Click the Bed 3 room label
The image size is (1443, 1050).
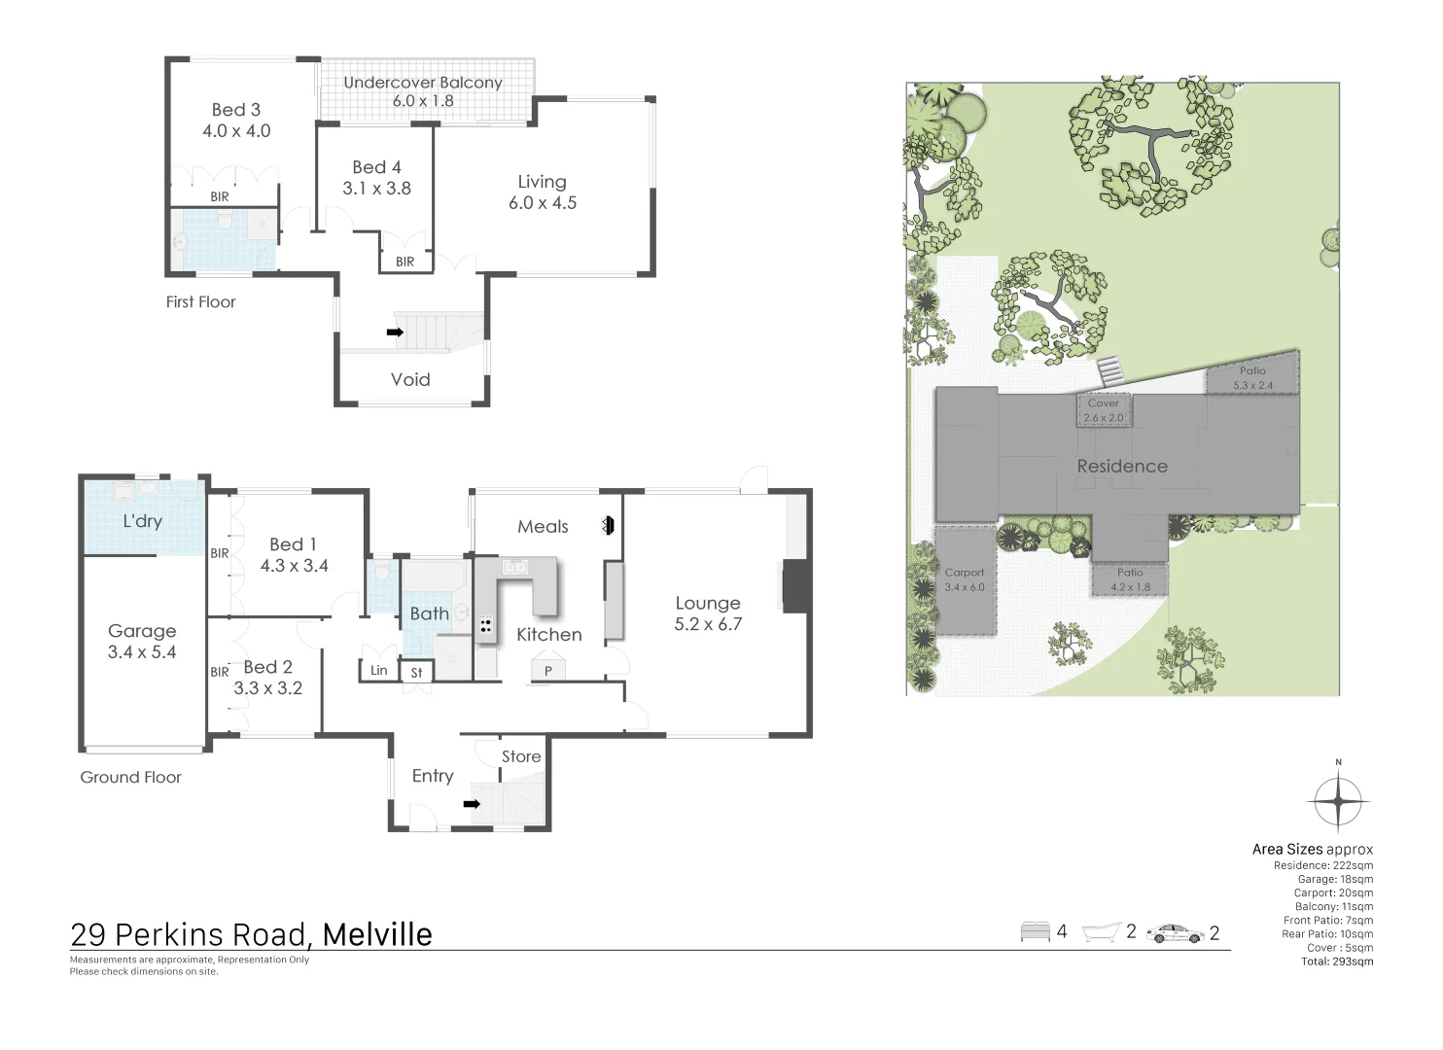click(x=236, y=121)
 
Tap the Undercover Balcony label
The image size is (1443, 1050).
click(x=423, y=91)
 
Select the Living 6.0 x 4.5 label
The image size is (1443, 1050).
click(x=543, y=192)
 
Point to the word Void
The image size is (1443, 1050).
click(x=410, y=380)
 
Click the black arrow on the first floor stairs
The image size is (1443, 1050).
click(x=395, y=332)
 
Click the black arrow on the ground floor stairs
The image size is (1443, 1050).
click(x=472, y=804)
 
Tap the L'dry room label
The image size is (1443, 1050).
click(x=142, y=521)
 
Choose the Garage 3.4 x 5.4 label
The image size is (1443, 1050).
click(x=142, y=642)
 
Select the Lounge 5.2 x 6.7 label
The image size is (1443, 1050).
click(x=708, y=613)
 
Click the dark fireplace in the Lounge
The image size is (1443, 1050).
click(x=795, y=586)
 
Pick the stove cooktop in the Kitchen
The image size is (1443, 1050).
click(x=485, y=625)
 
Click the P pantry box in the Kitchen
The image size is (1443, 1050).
click(x=548, y=671)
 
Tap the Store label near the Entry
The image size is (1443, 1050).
click(x=521, y=756)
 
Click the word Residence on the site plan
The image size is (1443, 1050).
click(x=1122, y=467)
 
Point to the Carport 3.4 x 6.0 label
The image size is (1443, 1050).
click(x=965, y=579)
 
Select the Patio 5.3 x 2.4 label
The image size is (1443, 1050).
click(x=1252, y=378)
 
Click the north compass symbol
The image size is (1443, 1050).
click(x=1339, y=801)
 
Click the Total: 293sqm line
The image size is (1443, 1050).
click(x=1337, y=962)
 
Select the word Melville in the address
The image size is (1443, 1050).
click(x=377, y=934)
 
